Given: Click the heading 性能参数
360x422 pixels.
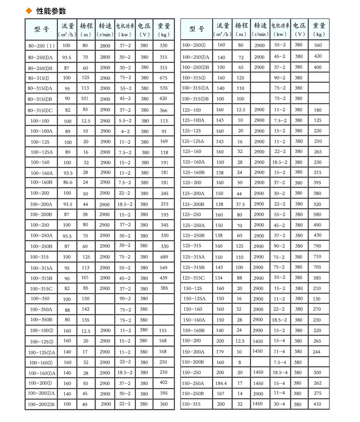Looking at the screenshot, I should pos(50,11).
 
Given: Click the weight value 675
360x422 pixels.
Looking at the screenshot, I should pos(163,77).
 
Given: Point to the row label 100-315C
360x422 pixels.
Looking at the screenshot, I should pos(41,289).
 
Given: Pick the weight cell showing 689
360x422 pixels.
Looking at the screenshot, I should pos(163,257).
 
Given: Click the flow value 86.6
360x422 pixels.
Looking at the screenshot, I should pos(67,182).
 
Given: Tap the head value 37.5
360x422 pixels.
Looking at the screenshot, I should pos(240,204).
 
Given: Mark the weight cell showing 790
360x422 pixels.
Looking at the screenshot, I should pos(318,246).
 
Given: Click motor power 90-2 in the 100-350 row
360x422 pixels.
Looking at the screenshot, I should pos(125,299).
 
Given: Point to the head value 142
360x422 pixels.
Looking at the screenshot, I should pos(85,309).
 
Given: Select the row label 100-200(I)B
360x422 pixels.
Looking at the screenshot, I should pos(41,404).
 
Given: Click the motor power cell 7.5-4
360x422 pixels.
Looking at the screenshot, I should pos(279,362).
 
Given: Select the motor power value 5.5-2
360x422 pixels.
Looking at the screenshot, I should pos(125,121).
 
